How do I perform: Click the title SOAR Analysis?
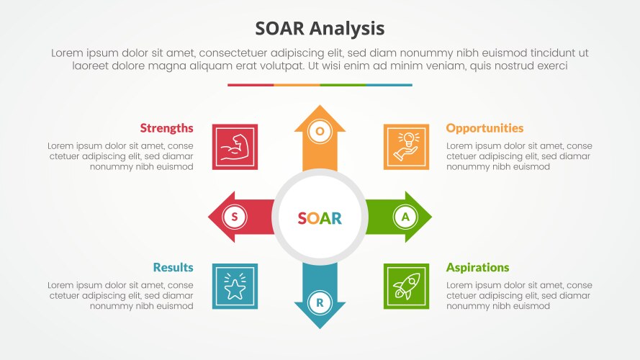tap(320, 28)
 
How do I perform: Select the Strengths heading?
tap(166, 128)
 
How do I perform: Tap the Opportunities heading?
tap(484, 128)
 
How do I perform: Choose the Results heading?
tap(173, 267)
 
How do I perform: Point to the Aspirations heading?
tap(477, 267)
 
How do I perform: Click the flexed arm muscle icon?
tap(235, 147)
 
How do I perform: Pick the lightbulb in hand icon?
tap(406, 147)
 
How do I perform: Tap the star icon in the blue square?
tap(235, 287)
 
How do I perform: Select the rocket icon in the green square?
tap(406, 287)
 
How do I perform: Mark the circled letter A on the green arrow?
tap(405, 217)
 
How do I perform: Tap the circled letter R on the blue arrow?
tap(320, 302)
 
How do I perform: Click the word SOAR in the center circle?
tap(320, 218)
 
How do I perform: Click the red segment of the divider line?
tap(251, 85)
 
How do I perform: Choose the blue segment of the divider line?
tap(389, 85)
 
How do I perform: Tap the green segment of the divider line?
tap(343, 85)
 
